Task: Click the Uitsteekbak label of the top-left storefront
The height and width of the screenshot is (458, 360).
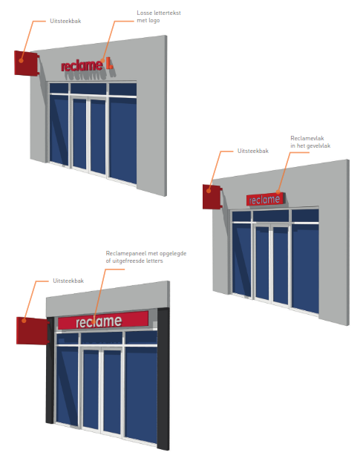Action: (65, 21)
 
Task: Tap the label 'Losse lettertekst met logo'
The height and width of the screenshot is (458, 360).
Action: (159, 16)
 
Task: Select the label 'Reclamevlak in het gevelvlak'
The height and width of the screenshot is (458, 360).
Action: (310, 142)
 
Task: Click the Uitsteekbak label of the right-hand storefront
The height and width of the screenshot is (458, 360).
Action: (253, 151)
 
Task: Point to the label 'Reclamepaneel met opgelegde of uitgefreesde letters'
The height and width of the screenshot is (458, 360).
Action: (146, 257)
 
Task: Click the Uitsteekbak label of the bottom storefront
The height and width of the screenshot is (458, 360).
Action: (68, 281)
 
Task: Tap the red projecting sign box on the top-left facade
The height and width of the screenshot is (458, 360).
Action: (26, 63)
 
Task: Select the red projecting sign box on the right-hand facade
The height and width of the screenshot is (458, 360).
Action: (212, 197)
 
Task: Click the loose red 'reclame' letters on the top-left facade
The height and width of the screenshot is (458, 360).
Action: (82, 66)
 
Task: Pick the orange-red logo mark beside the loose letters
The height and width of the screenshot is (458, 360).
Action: (109, 63)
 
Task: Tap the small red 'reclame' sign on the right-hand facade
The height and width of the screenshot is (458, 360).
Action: (264, 200)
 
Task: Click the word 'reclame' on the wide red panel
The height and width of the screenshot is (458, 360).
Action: (99, 321)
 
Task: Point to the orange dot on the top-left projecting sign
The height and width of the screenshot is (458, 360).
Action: (21, 61)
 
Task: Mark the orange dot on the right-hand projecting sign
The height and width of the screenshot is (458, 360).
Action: (209, 191)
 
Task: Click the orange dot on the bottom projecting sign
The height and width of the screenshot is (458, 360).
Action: (24, 321)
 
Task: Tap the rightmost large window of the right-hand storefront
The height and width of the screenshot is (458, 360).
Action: (305, 268)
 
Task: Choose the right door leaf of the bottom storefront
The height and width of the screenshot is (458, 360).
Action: (112, 392)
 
